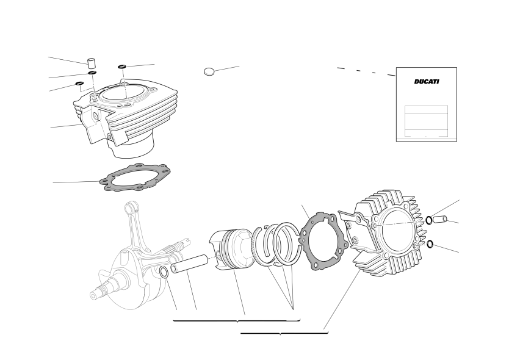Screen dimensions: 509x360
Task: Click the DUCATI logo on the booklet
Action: (427, 82)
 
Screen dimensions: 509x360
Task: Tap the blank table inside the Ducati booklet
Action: (426, 121)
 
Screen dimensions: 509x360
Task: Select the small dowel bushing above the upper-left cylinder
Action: (92, 62)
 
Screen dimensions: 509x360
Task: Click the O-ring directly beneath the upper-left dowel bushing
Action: (93, 73)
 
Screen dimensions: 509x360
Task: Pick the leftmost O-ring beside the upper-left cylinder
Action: (79, 84)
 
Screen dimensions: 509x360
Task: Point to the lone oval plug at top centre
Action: (209, 71)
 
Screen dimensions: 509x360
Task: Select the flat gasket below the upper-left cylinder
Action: (135, 177)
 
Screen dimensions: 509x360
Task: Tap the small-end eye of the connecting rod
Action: (130, 206)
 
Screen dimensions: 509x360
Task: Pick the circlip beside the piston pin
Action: (164, 272)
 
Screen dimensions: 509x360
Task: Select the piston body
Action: (231, 249)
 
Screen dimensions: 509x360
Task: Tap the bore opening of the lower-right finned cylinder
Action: (399, 231)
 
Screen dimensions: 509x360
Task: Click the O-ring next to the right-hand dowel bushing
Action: (429, 220)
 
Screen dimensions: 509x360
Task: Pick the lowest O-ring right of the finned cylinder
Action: (430, 244)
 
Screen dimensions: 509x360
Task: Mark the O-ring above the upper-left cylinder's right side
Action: (122, 67)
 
